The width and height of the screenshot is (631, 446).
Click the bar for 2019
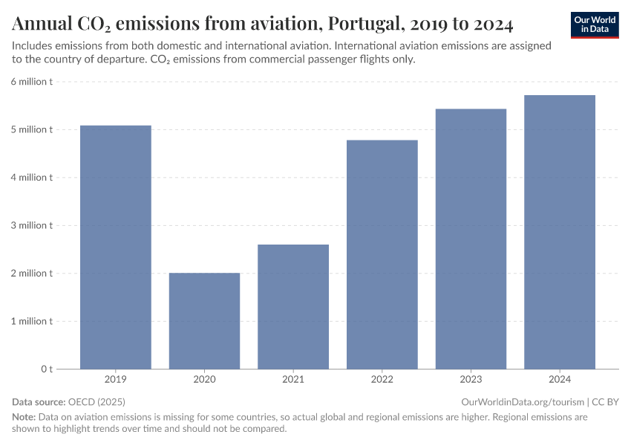(116, 247)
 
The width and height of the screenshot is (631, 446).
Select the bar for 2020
(204, 320)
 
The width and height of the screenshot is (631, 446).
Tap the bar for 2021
(293, 306)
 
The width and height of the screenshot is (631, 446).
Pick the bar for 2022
(382, 254)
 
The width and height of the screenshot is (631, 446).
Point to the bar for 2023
(471, 239)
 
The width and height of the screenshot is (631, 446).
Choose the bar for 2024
(560, 232)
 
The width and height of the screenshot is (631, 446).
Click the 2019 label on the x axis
(116, 380)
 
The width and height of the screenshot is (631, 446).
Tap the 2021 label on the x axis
(293, 380)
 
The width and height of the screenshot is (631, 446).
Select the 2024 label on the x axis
(560, 380)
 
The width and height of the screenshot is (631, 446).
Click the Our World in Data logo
(595, 25)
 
